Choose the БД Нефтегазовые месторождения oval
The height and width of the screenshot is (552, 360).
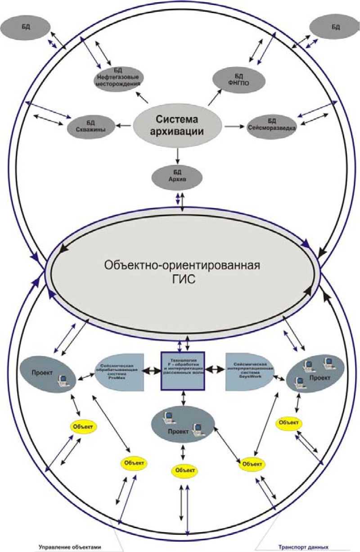click(x=119, y=78)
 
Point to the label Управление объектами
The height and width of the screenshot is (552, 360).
click(x=75, y=547)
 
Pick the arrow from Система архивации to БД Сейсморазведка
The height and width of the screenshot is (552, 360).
click(x=233, y=126)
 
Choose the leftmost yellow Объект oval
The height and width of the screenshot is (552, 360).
click(x=83, y=426)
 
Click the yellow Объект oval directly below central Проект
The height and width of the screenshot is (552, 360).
click(x=184, y=471)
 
